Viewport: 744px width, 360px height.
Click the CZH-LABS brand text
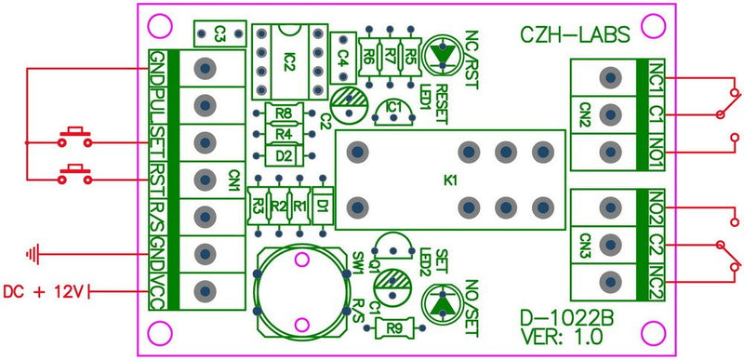click(x=573, y=34)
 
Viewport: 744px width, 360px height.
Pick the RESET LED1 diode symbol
click(x=443, y=57)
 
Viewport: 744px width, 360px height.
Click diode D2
click(x=285, y=154)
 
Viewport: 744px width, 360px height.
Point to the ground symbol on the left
click(x=35, y=251)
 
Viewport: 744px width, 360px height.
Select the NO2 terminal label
click(x=658, y=206)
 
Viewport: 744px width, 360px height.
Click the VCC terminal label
click(x=159, y=290)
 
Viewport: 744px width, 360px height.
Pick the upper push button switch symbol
click(x=74, y=136)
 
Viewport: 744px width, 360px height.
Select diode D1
click(x=321, y=202)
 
